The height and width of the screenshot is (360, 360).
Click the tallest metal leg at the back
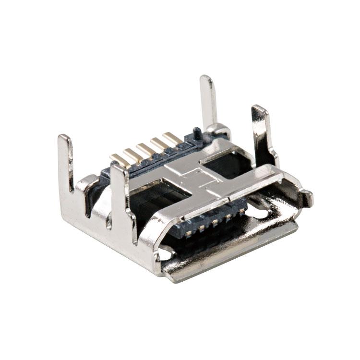[x=208, y=101]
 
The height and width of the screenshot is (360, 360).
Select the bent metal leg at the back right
[x=262, y=130]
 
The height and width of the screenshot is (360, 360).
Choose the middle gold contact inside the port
[x=215, y=221]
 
